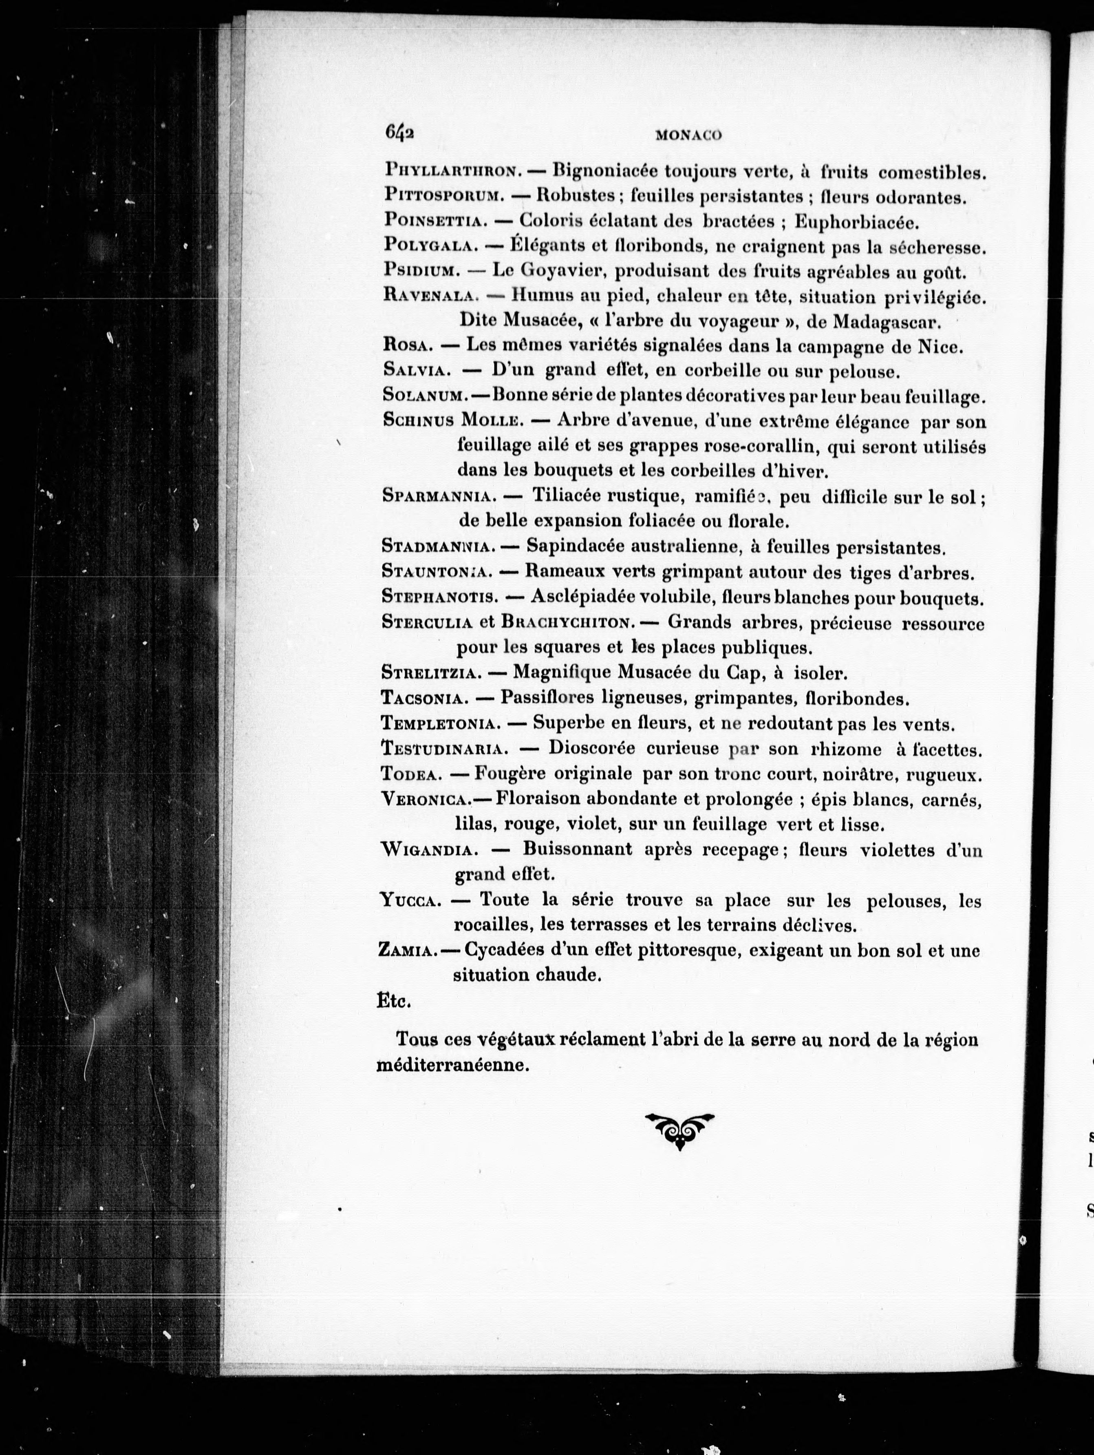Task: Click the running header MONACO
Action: tap(688, 135)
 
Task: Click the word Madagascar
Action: tap(887, 322)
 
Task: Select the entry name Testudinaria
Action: tap(444, 749)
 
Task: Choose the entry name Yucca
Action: tap(410, 900)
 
